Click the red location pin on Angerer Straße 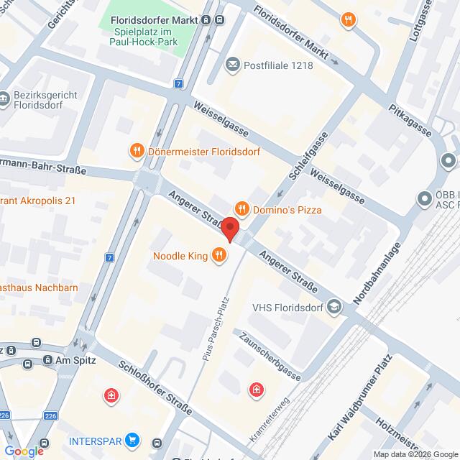coord(230,229)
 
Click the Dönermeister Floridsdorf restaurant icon coord(137,151)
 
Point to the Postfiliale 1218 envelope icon coord(233,65)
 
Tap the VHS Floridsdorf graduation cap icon coord(333,308)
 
